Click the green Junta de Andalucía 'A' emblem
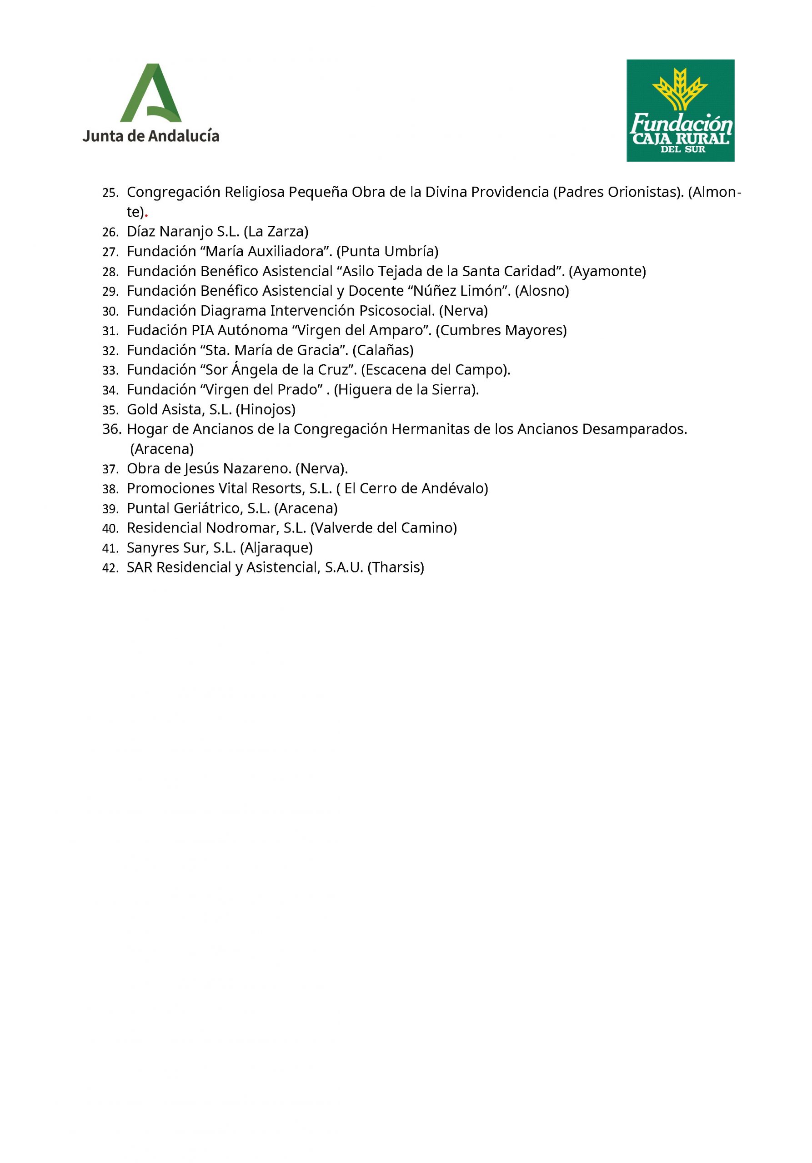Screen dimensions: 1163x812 (x=150, y=93)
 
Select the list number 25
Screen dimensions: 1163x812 (x=110, y=193)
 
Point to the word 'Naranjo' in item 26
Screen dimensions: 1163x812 (x=186, y=232)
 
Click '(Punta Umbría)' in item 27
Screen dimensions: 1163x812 (x=387, y=251)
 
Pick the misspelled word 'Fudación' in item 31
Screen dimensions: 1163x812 (x=156, y=330)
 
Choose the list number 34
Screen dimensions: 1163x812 (x=110, y=391)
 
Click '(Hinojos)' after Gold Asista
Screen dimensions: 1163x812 (x=266, y=409)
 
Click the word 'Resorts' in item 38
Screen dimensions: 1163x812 (x=278, y=488)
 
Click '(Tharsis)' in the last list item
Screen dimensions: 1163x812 (x=396, y=567)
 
